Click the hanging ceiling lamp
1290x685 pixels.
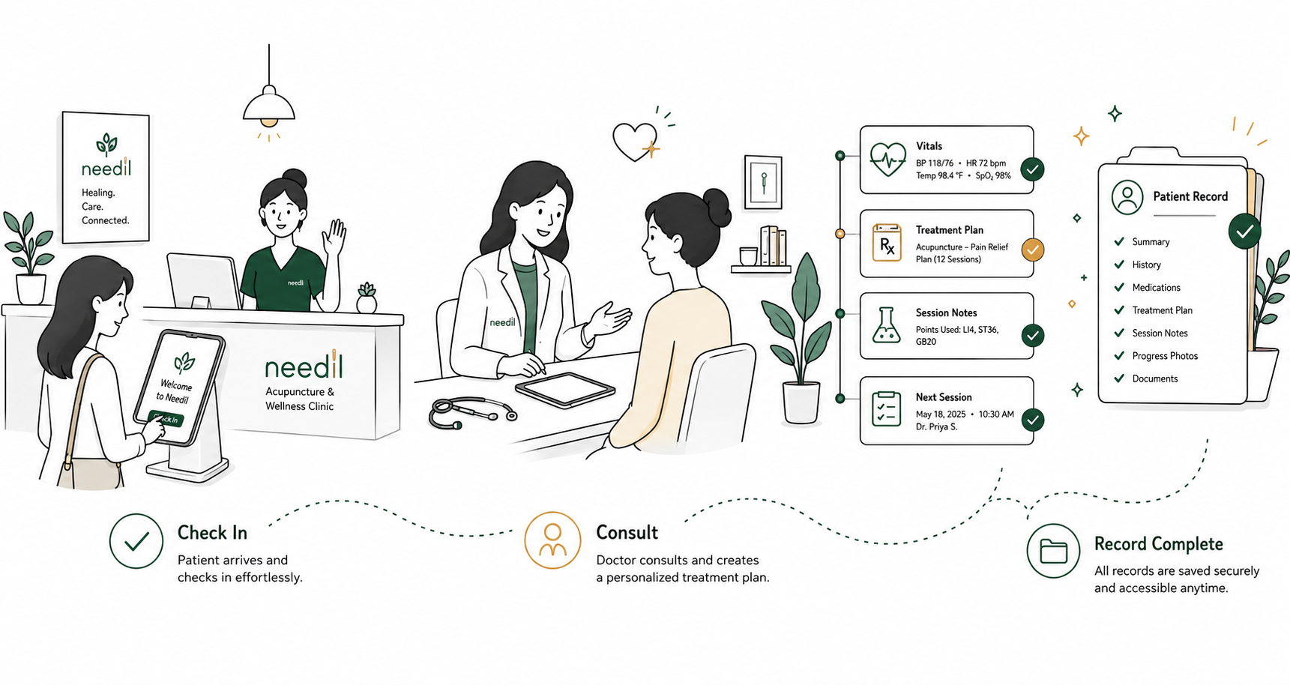(268, 105)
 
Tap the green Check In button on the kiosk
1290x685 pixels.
(166, 418)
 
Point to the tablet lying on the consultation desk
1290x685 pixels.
(565, 390)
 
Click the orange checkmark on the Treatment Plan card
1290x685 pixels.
(1033, 250)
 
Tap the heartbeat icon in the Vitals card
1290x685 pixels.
(887, 160)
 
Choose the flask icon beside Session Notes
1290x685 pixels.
(887, 325)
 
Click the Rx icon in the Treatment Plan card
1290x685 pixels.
(887, 244)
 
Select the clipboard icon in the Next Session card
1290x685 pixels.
(887, 409)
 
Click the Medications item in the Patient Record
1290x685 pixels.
(1156, 288)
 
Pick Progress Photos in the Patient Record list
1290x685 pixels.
(1165, 356)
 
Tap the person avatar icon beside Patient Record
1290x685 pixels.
(1127, 196)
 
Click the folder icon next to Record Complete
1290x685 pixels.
(1053, 551)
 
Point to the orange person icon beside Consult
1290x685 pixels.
(552, 540)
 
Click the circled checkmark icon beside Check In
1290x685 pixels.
(136, 540)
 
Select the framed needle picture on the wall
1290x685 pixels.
(763, 183)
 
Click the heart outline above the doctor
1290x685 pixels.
(634, 141)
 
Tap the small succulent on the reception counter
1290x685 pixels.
(367, 298)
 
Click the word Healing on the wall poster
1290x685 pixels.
(98, 193)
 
